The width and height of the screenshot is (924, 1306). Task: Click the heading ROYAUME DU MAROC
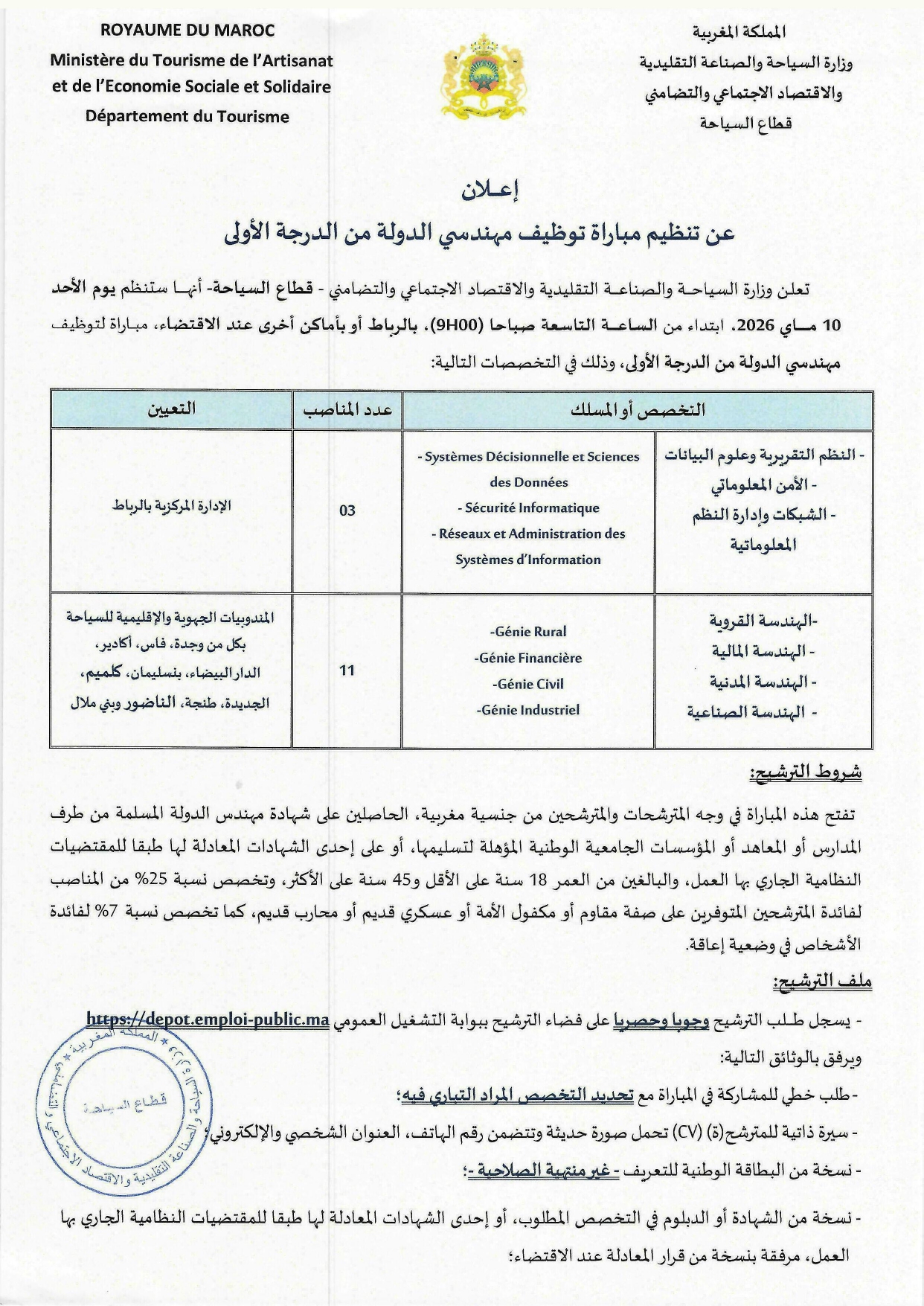coord(187,31)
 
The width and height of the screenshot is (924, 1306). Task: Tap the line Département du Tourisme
coord(187,116)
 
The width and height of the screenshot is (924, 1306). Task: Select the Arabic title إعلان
coord(490,191)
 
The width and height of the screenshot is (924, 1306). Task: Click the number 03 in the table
coord(347,510)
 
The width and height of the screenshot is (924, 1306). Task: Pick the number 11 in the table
coord(347,670)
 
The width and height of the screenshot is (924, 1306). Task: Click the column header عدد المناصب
coord(347,409)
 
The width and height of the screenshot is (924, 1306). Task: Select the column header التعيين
coord(171,409)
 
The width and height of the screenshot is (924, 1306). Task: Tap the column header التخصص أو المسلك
coord(638,409)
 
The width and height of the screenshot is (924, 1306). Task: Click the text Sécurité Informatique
coord(528,508)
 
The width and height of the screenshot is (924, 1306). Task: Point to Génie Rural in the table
coord(528,632)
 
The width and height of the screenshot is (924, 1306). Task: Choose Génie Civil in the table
coord(528,684)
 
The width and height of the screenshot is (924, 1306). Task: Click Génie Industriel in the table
coord(528,710)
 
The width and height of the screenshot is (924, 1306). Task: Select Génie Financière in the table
coord(528,658)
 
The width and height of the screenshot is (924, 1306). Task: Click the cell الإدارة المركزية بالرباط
coord(171,506)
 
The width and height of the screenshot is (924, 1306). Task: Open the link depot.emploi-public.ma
coord(208,1019)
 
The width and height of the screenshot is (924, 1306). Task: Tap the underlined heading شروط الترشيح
coord(805,772)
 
